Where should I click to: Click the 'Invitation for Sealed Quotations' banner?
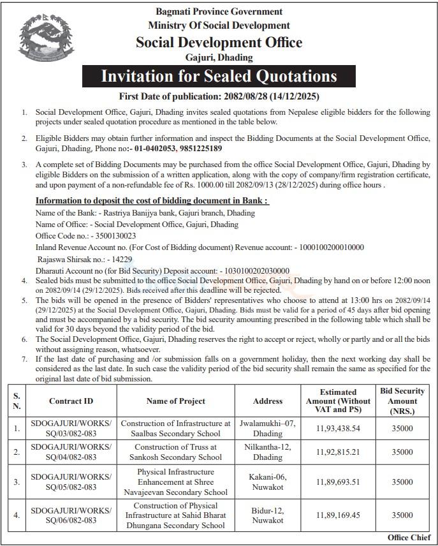point(219,77)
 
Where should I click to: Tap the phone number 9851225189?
point(199,148)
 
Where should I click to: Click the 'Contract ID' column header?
point(71,401)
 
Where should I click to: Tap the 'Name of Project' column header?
point(175,401)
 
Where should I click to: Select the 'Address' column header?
point(268,401)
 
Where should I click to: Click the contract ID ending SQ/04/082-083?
point(71,452)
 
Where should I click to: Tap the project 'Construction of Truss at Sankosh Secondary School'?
point(175,452)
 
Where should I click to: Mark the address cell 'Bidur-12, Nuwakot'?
point(268,514)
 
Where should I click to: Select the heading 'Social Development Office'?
point(219,42)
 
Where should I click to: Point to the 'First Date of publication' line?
point(219,96)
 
